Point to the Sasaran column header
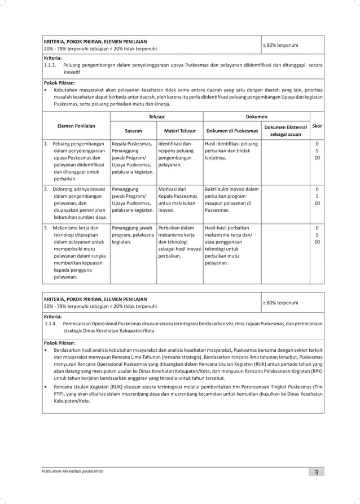(133, 130)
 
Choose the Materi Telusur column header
(179, 130)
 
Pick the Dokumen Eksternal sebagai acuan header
(286, 131)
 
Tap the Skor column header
(317, 126)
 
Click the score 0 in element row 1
(317, 144)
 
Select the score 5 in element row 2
(317, 196)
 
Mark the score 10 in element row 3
(317, 241)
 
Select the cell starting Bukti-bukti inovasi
(231, 199)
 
